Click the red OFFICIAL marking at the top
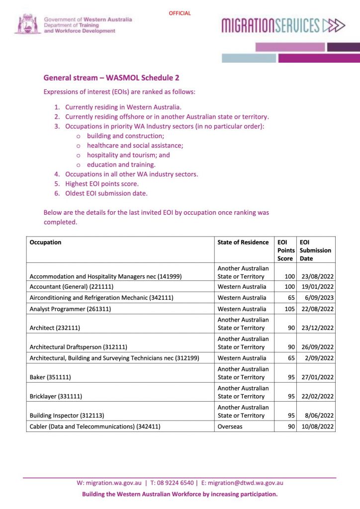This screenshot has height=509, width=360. point(180,13)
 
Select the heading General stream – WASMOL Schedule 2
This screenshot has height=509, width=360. point(111,78)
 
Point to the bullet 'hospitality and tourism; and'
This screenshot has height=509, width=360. point(128,155)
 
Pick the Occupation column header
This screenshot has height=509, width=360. point(46,243)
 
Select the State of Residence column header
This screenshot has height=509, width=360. point(243,243)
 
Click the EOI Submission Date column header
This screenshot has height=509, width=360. point(315,251)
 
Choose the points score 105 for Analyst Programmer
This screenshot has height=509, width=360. point(288,309)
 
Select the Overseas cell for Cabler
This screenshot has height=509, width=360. point(230,426)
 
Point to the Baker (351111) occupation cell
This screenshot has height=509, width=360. point(50,377)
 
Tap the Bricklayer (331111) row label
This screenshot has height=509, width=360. point(56,397)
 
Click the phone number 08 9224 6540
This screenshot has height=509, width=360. point(175,483)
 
